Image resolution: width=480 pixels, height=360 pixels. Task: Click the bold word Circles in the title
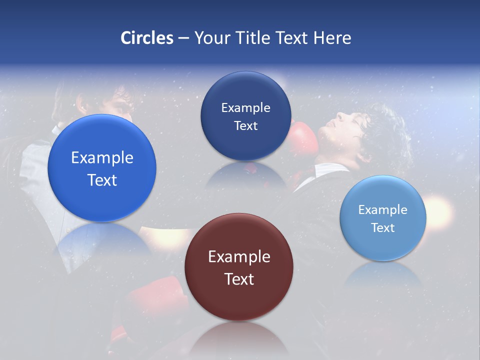[147, 38]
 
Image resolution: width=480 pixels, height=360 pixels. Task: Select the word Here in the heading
[332, 38]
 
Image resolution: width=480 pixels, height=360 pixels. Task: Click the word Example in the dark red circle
[239, 257]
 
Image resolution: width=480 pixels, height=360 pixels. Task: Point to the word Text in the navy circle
[245, 126]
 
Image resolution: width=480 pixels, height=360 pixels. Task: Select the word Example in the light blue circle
[383, 210]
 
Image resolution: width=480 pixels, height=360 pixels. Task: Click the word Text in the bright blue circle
[102, 180]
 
